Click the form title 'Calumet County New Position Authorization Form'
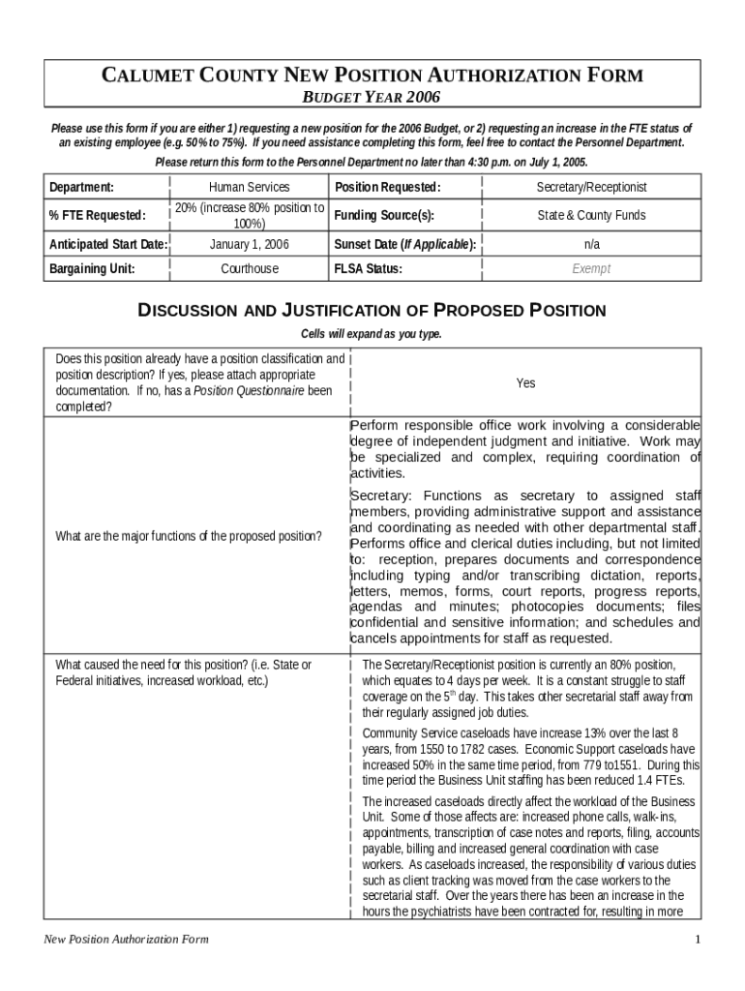point(372,76)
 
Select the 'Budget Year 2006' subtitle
point(372,97)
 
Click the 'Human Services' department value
point(249,187)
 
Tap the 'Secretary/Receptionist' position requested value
point(591,187)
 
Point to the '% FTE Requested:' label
point(98,216)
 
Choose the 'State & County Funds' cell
point(591,216)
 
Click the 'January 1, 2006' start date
point(249,245)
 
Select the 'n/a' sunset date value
point(591,245)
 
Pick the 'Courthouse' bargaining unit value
point(249,269)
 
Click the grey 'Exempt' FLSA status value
point(591,269)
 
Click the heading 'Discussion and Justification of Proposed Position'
point(372,311)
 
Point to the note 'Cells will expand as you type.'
point(372,334)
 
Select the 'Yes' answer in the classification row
point(525,383)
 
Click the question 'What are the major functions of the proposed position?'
point(189,536)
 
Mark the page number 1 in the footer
point(697,940)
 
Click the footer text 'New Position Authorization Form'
point(126,940)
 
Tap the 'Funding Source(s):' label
point(384,216)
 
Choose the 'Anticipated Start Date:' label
point(108,245)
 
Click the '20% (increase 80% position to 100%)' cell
point(249,216)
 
